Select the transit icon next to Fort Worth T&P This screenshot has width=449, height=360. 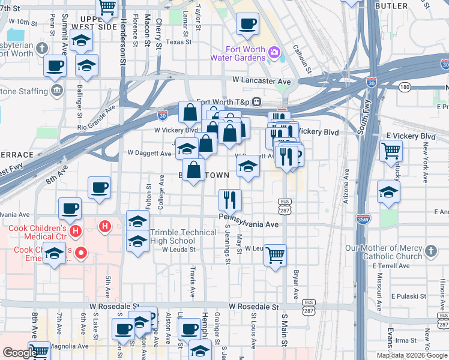[256, 101]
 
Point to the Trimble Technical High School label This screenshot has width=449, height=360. [183, 236]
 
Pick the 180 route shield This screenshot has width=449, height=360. [405, 88]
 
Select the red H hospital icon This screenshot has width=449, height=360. [105, 227]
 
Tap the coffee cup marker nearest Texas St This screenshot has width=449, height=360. [247, 25]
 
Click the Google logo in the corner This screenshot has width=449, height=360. [20, 353]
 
